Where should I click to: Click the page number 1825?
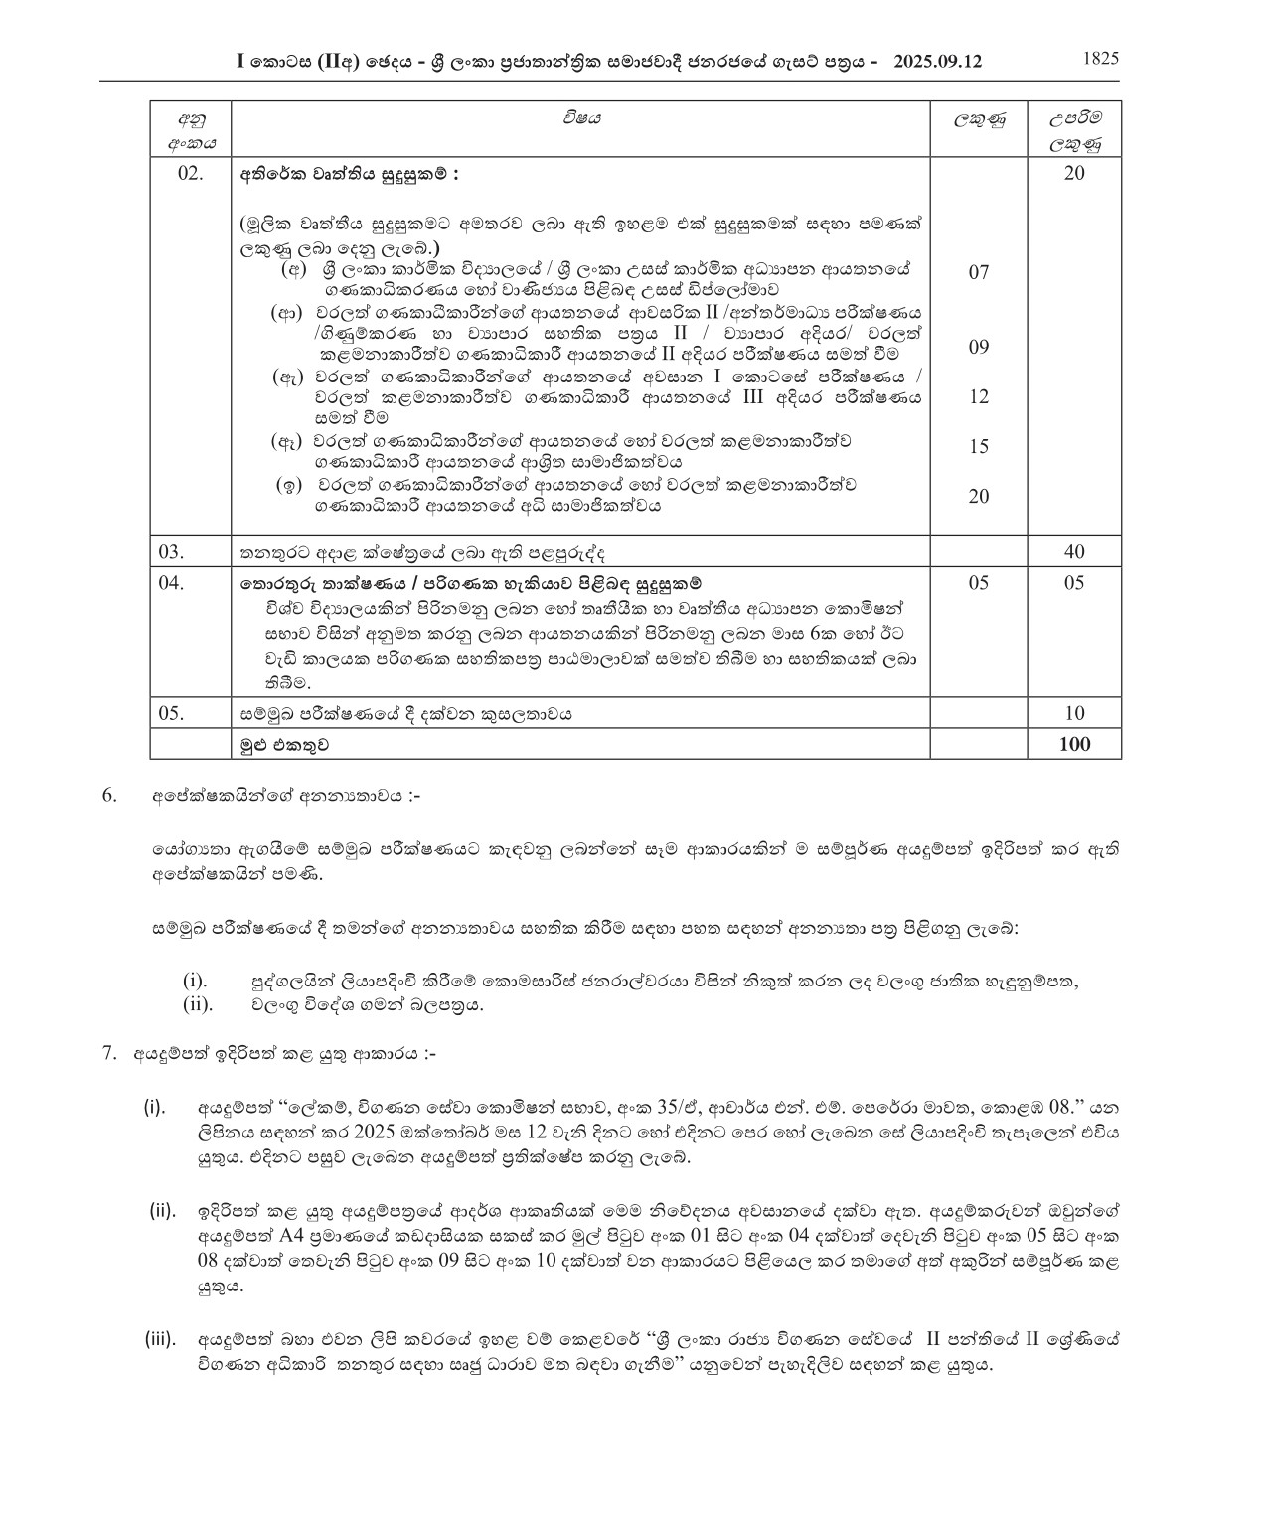(1100, 58)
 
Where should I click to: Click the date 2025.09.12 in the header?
(937, 61)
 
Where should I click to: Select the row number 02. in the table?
(189, 173)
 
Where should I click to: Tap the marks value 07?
(979, 272)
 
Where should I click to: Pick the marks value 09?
(979, 347)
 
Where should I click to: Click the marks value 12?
(979, 396)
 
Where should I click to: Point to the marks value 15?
(979, 446)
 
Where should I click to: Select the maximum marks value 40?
(1074, 552)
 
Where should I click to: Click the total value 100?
(1074, 744)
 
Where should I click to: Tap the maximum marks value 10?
(1074, 713)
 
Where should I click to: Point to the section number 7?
(109, 1054)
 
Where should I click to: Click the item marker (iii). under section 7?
(160, 1339)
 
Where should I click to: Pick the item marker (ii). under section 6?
(198, 1004)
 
